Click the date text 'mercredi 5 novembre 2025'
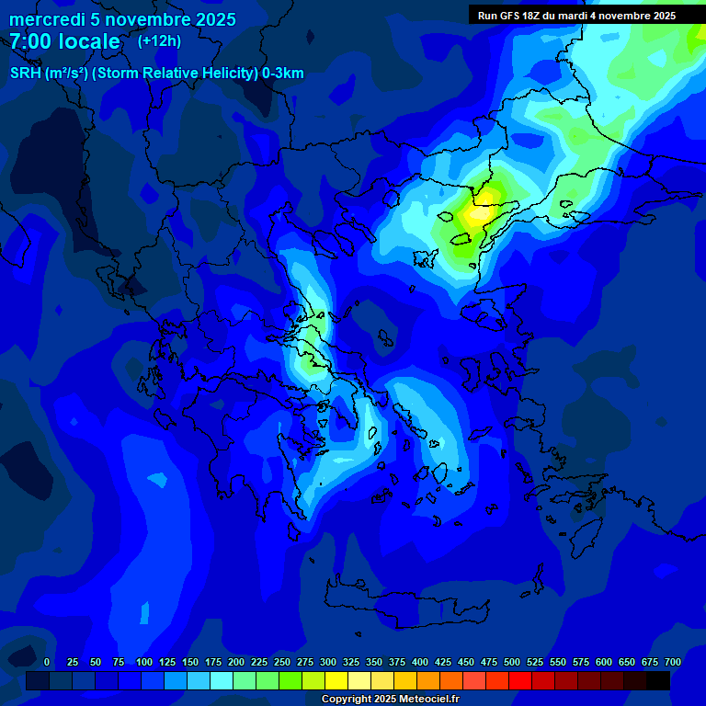click(x=122, y=19)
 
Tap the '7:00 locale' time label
click(x=64, y=41)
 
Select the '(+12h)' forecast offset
click(x=159, y=40)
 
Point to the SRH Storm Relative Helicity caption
click(x=156, y=74)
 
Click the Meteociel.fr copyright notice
click(x=390, y=699)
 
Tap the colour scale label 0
click(x=47, y=662)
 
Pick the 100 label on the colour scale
click(x=144, y=662)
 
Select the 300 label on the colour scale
click(x=328, y=662)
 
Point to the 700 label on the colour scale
click(x=673, y=662)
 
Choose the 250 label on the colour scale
click(x=282, y=662)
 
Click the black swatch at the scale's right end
click(x=658, y=680)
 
